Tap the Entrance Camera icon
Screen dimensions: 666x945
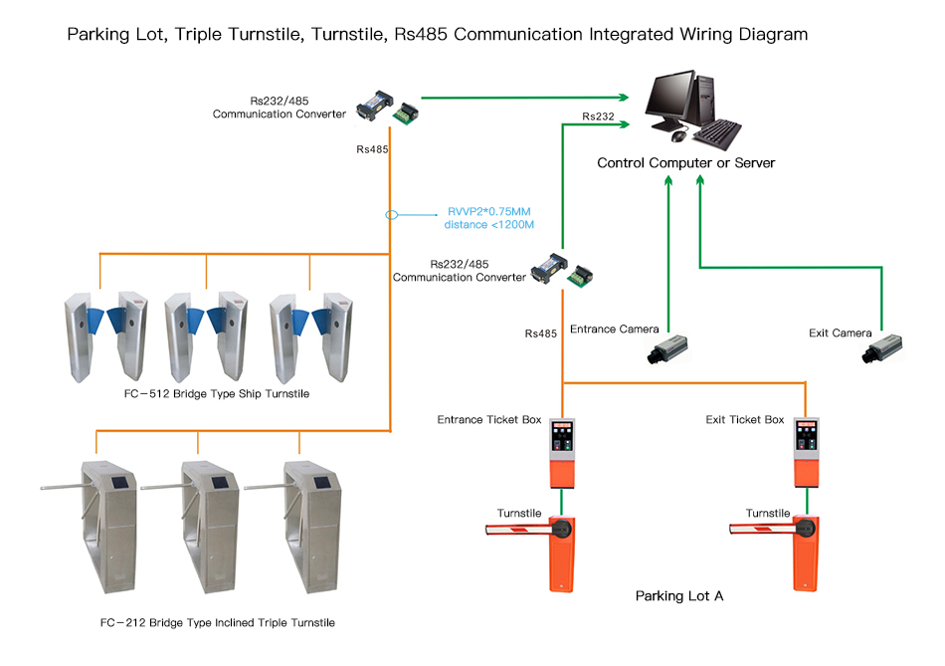[667, 348]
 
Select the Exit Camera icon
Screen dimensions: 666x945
[882, 348]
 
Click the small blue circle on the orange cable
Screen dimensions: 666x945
[391, 214]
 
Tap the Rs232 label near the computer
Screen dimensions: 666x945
[598, 116]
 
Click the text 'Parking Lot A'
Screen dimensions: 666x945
[678, 596]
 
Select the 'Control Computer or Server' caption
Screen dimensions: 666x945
[685, 162]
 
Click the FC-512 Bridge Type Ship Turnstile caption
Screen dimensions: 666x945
[212, 394]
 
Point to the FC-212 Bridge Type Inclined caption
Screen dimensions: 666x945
[218, 623]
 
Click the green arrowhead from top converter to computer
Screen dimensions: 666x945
[624, 98]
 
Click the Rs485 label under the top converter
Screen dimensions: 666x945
[372, 149]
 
